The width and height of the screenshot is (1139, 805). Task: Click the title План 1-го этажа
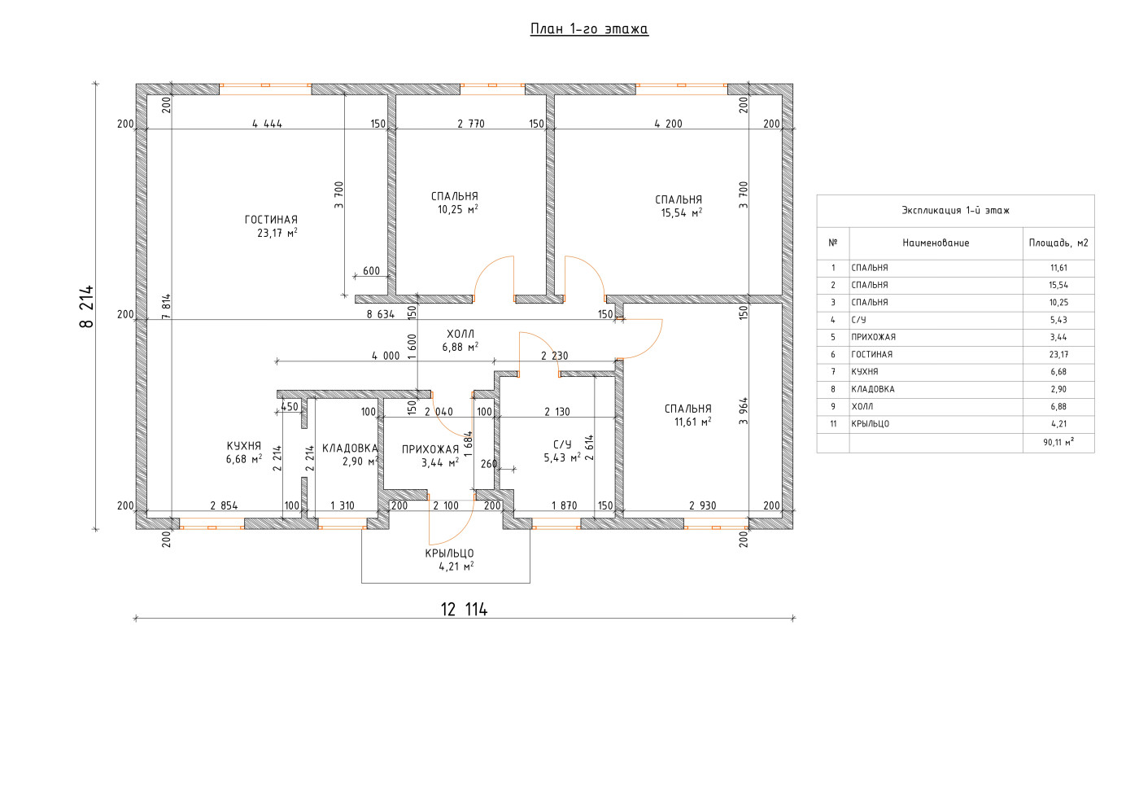point(589,29)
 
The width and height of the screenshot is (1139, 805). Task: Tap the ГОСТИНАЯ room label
point(271,220)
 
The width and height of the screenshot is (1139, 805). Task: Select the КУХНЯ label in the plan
point(243,446)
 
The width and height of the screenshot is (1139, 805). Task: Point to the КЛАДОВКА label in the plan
point(350,448)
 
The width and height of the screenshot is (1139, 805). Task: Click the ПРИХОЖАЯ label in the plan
point(430,449)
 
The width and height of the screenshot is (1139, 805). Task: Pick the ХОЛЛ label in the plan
point(460,335)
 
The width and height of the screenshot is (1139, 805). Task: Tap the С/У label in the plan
point(562,444)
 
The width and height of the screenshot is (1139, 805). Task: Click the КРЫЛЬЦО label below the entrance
point(449,553)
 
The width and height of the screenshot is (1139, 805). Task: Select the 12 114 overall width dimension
point(464,609)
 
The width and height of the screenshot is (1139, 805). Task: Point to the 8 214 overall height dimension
point(87,306)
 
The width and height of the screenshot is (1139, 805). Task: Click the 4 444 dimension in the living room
point(268,124)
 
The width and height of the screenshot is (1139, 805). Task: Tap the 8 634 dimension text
point(381,314)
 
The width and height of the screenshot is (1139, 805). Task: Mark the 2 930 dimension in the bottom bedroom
point(703,505)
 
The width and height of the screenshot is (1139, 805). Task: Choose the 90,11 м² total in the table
point(1058,443)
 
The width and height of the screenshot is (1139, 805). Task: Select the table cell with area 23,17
point(1058,355)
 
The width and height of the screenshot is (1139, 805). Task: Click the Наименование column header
point(936,243)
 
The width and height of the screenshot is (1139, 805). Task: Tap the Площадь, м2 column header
point(1058,243)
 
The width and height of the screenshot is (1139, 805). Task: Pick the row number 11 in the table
point(833,424)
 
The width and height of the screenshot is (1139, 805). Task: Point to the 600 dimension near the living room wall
point(371,271)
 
